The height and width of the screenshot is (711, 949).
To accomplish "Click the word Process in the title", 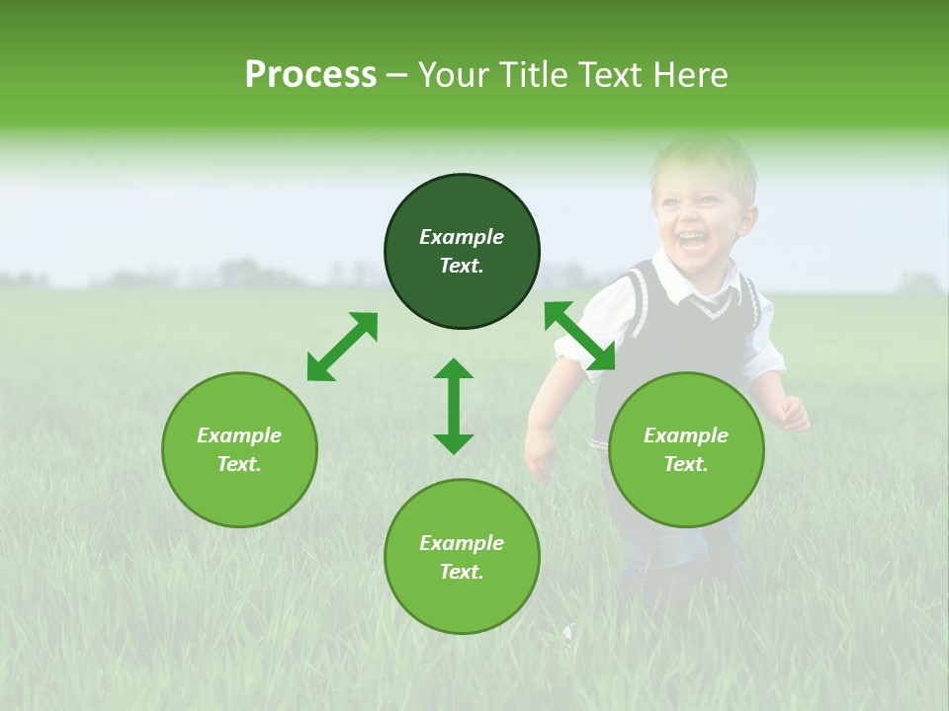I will click(x=310, y=75).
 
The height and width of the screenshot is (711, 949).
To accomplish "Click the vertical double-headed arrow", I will click(x=454, y=406).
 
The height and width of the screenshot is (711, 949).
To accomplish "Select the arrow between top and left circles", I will click(x=342, y=347).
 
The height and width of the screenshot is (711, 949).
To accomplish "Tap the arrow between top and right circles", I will click(x=579, y=336).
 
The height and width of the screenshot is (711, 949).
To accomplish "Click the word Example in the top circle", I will click(x=462, y=237).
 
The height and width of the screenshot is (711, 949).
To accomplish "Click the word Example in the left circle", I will click(x=239, y=435).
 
